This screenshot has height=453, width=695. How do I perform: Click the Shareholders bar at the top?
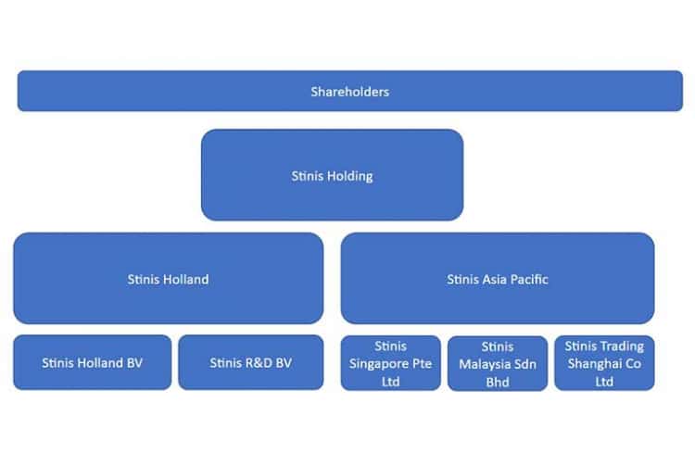(350, 91)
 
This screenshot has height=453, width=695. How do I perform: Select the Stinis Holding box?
(333, 175)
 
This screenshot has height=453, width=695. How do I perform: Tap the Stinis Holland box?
(169, 278)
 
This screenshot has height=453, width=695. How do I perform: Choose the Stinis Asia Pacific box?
(498, 278)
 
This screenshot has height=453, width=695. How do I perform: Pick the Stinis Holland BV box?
(92, 362)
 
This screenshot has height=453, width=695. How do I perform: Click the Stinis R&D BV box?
(251, 362)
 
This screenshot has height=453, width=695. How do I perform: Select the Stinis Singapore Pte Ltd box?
(390, 363)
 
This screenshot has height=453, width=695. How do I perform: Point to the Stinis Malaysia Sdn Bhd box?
(498, 363)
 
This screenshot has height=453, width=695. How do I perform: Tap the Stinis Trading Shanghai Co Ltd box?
(604, 363)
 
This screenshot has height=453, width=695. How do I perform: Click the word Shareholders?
(350, 92)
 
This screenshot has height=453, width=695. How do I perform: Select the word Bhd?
(498, 382)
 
